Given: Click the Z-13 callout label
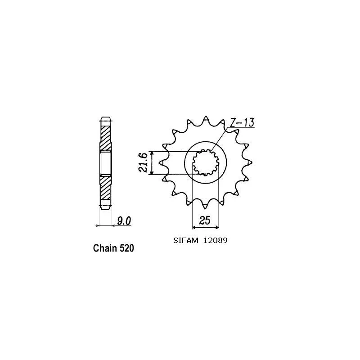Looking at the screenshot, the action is click(x=242, y=122).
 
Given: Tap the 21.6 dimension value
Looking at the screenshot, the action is click(x=143, y=162).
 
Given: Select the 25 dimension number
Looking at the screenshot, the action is click(x=205, y=220).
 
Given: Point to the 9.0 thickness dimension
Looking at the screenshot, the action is click(x=124, y=221).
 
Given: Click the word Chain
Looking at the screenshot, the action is click(x=103, y=248).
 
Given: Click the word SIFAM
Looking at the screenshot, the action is click(x=185, y=240).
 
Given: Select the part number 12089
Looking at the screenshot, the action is click(x=216, y=240).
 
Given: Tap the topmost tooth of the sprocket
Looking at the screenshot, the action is click(x=206, y=119).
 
